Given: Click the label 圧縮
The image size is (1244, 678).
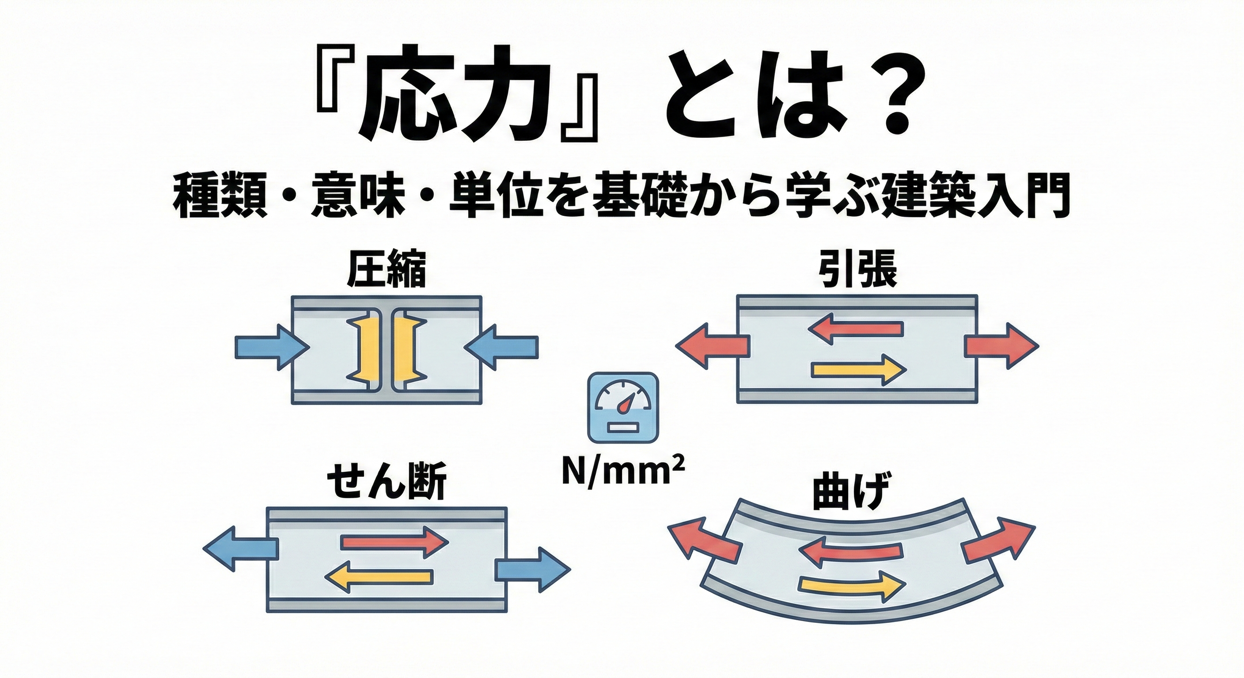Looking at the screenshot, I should tap(387, 271).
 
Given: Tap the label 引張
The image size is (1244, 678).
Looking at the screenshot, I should tap(857, 271).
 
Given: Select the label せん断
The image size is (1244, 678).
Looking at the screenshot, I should tap(387, 482).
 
